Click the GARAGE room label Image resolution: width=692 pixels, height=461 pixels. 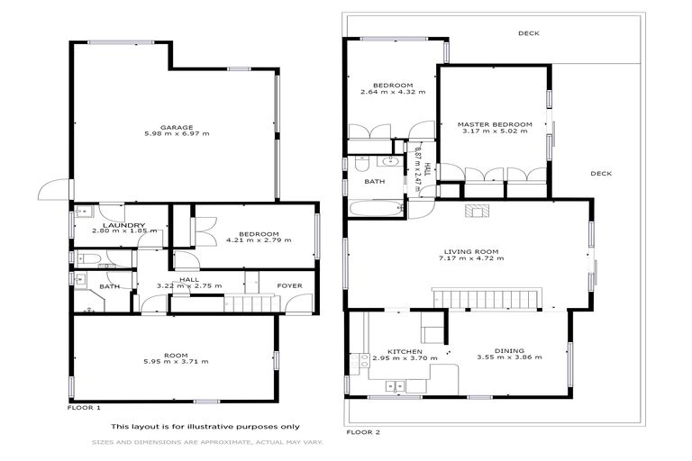[x=176, y=127]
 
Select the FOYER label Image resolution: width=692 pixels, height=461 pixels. [x=289, y=286]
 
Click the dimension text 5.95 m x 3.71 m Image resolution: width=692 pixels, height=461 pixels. [x=176, y=361]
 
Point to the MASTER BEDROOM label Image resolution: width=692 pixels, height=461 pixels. [x=494, y=124]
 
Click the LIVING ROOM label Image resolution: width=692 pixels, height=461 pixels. [x=471, y=251]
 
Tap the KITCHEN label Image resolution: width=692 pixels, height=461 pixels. [x=405, y=351]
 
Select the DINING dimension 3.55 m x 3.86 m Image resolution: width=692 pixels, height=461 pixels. [x=510, y=357]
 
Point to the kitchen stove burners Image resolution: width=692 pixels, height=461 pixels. [x=365, y=359]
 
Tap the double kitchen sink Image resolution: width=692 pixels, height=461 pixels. [x=395, y=386]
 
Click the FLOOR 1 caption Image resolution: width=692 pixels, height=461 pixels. [x=86, y=408]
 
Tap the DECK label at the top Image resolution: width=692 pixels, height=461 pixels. [x=528, y=33]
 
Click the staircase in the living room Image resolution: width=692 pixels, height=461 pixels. [x=486, y=298]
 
